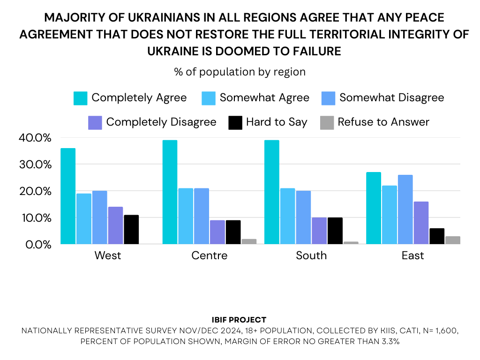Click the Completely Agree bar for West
coord(68,196)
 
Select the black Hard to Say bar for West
coord(131,230)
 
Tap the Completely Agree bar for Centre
coord(170,192)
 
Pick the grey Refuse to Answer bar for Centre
coord(249,241)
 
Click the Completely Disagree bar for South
coord(319,231)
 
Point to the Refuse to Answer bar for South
coord(351,243)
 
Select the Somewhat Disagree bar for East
coord(405,210)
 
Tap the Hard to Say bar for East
coord(436,236)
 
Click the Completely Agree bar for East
coord(374,208)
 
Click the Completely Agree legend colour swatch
coord(80,98)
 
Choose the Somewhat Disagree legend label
coord(391,98)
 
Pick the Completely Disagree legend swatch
coord(95,122)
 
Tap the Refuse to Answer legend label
coord(383,122)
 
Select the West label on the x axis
coord(108,255)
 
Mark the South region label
coord(311,255)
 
